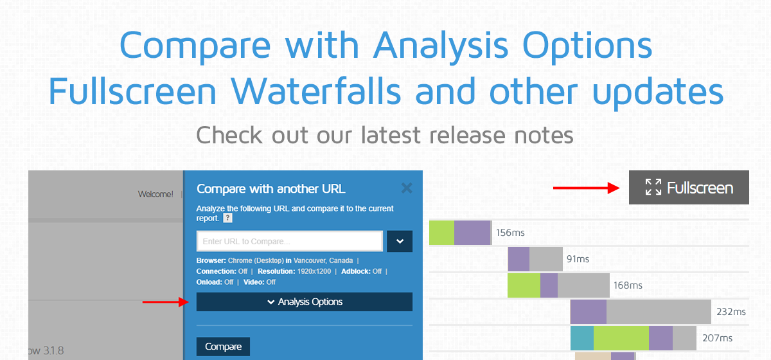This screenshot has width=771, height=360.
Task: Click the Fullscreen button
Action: point(689,188)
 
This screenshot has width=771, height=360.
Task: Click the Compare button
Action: point(223,347)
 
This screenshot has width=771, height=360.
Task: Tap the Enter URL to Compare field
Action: point(290,242)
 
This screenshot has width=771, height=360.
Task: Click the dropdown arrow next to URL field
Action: point(400,242)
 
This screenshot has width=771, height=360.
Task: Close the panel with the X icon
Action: point(406,188)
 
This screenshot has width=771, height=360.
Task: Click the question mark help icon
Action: point(227,219)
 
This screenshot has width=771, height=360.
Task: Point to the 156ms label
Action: point(511,233)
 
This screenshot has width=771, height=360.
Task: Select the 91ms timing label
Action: point(578,259)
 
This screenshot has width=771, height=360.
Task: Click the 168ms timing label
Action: point(628,285)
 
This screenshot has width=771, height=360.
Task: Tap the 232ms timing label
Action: point(731,312)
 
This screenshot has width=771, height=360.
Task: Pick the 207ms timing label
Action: point(717,338)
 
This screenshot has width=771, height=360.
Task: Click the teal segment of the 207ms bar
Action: point(581,338)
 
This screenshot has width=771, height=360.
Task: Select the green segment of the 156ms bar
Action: point(441,233)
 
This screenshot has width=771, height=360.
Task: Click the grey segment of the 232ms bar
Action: point(659,312)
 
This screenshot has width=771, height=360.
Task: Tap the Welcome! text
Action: point(155,194)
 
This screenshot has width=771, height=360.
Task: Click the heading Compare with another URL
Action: point(270,189)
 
